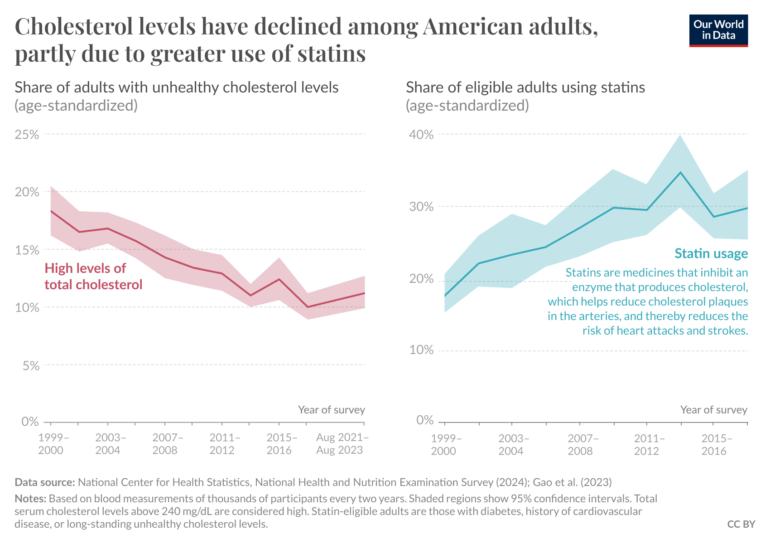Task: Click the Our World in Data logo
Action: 718,30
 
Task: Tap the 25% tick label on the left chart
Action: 27,135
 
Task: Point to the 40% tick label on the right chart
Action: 421,135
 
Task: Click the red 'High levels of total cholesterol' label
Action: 93,277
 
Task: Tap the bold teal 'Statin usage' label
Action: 711,253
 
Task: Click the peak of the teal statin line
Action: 680,172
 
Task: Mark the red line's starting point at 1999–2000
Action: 51,211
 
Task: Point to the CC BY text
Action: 741,524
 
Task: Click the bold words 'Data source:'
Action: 44,482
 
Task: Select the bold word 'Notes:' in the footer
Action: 30,499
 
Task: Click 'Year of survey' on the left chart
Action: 331,410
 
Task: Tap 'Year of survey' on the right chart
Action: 713,410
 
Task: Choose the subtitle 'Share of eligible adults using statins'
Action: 525,87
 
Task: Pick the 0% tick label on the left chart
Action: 30,422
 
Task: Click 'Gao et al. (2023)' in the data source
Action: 572,482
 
